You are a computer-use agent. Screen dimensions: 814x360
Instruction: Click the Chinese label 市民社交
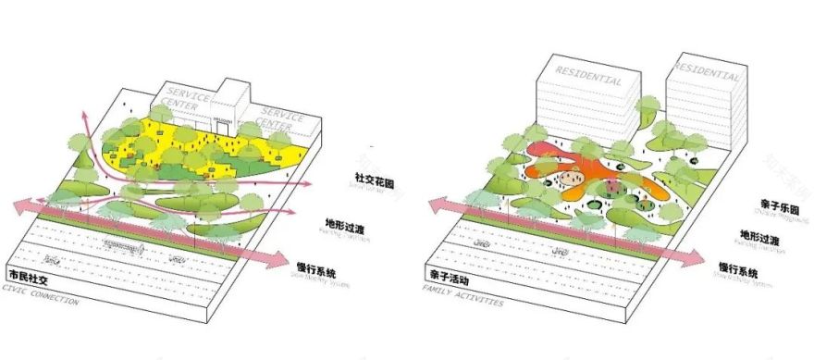pyautogui.click(x=29, y=277)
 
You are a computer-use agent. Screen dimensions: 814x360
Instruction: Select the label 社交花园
pyautogui.click(x=375, y=178)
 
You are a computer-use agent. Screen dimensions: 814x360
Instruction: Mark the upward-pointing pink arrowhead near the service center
pyautogui.click(x=84, y=115)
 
